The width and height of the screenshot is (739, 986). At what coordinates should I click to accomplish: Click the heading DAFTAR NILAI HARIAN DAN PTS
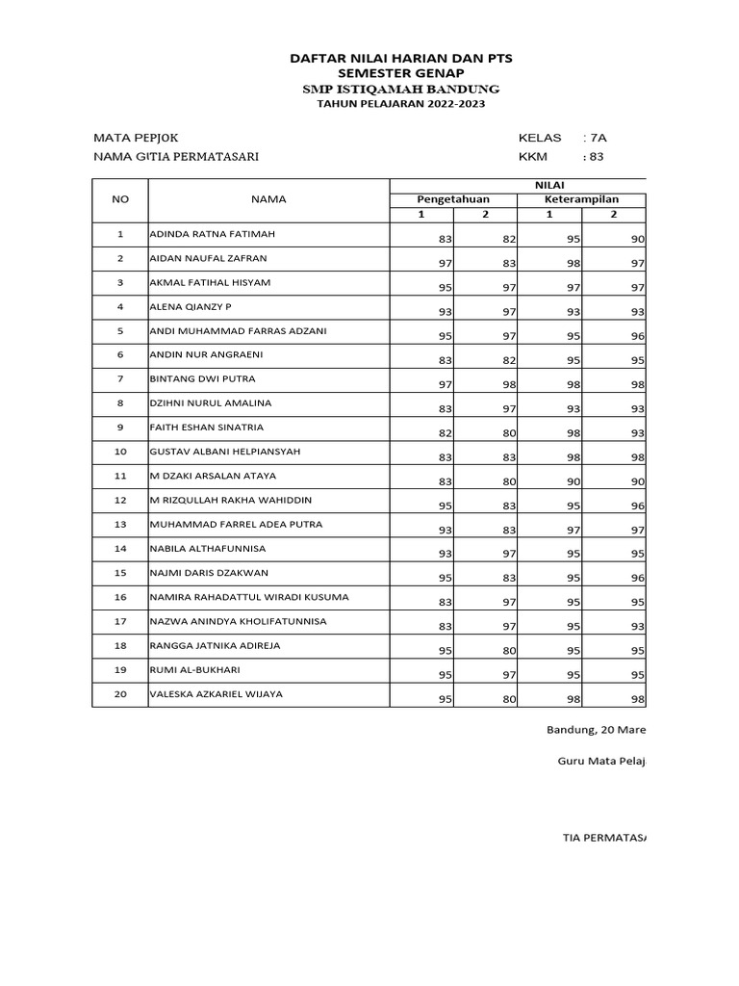tap(400, 59)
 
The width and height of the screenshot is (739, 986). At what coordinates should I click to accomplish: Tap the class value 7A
tap(599, 138)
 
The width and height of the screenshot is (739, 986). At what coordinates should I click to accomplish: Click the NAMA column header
tap(268, 199)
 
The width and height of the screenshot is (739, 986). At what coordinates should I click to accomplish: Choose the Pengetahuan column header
tap(452, 199)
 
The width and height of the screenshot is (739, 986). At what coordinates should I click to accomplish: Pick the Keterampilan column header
tap(581, 199)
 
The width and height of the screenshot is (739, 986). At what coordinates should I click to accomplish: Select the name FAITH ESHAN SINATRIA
tap(207, 427)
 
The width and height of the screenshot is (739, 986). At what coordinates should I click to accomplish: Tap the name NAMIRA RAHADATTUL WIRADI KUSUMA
tap(248, 597)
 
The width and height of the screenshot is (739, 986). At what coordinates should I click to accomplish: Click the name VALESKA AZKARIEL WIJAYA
tap(216, 693)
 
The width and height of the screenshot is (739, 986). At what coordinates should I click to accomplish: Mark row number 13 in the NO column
tap(120, 525)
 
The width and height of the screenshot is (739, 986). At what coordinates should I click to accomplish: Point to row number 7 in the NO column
tap(120, 379)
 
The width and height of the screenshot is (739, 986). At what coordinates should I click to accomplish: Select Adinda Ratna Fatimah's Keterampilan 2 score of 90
tap(637, 239)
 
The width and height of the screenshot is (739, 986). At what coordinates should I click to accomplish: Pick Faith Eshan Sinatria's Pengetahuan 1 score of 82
tap(445, 433)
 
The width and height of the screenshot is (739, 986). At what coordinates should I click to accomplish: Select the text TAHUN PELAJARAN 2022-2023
tap(400, 104)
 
